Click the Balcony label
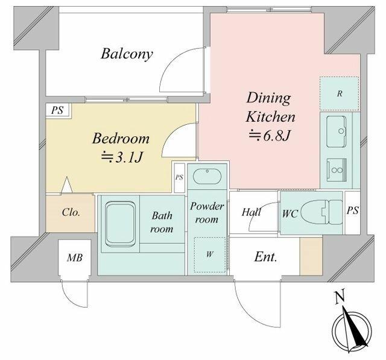[x=127, y=54]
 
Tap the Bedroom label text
[x=121, y=139]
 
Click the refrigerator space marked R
[x=339, y=93]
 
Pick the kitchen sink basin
[x=336, y=131]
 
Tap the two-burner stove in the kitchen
[x=337, y=170]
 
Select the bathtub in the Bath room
[x=120, y=224]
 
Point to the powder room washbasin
[x=207, y=176]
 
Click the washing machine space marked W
[x=209, y=254]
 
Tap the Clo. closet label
[x=71, y=212]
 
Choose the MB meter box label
[x=75, y=258]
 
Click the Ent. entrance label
[x=265, y=257]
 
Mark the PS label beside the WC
[x=352, y=210]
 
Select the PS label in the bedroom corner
[x=57, y=110]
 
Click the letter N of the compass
[x=340, y=297]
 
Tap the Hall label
[x=252, y=212]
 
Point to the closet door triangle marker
[x=66, y=185]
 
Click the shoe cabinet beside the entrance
[x=311, y=256]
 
